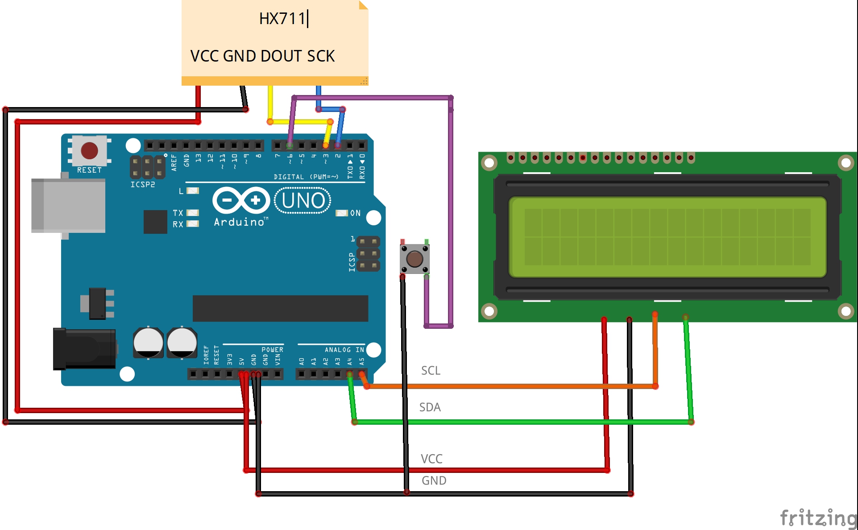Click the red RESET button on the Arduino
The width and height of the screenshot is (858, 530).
pos(89,151)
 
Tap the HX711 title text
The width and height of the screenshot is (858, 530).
pos(282,19)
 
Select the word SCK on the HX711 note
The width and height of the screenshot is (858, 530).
pos(321,56)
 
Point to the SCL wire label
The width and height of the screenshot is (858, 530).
pos(431,371)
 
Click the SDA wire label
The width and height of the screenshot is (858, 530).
pos(430,407)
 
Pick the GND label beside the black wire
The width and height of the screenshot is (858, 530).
pos(434,480)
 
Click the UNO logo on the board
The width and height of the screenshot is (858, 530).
pos(303,201)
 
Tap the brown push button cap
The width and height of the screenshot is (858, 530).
pos(414,259)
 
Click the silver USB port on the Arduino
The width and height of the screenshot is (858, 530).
pos(68,206)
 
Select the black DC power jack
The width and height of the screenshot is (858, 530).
pos(84,349)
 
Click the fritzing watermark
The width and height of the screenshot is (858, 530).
pos(818,518)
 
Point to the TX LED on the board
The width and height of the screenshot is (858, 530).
pos(193,213)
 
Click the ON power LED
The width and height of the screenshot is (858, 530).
pos(342,213)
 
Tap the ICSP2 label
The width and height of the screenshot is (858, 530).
pos(142,185)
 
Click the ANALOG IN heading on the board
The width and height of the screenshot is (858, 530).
pos(344,350)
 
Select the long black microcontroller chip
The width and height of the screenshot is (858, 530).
pos(280,308)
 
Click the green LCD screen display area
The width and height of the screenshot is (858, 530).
pos(667,237)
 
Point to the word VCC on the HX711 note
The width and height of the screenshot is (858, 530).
pos(204,56)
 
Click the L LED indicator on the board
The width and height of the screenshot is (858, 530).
pos(193,191)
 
